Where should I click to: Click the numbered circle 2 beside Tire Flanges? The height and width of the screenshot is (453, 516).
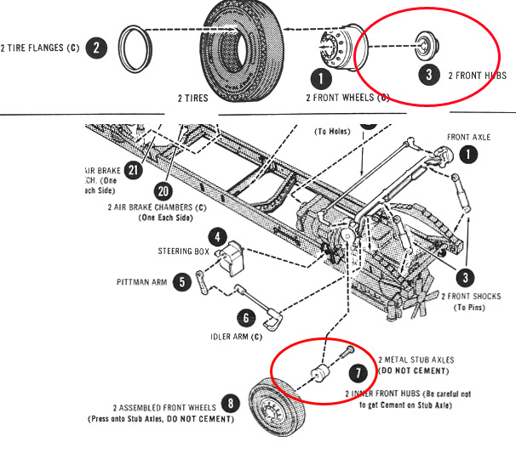[x=98, y=48]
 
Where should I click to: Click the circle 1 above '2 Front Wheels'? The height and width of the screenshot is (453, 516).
[x=320, y=79]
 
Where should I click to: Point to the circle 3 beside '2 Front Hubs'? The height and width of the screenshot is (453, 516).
[x=430, y=75]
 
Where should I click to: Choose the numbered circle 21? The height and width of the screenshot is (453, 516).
[x=133, y=172]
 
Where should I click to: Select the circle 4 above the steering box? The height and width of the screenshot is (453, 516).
[x=218, y=238]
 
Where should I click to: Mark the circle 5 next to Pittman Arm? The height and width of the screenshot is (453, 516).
[x=181, y=281]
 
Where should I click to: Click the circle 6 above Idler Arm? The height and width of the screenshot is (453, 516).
[x=245, y=318]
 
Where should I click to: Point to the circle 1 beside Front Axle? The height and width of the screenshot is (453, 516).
[x=469, y=155]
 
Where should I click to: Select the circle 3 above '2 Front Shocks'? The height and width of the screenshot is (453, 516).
[x=465, y=276]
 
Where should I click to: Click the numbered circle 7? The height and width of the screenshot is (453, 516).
[x=358, y=372]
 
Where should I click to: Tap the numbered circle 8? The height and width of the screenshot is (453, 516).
[x=229, y=403]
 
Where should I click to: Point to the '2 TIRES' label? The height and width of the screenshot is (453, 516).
[x=192, y=99]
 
